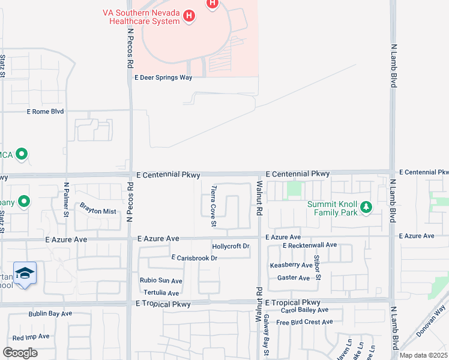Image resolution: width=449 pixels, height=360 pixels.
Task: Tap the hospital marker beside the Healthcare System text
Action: pos(189,16)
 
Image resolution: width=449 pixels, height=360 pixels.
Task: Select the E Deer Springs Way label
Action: pos(163,77)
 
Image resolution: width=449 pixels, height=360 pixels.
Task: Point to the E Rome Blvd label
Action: pos(45,112)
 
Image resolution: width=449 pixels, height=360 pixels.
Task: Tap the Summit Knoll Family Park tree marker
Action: pos(366,208)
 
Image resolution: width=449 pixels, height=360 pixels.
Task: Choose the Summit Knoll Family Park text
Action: pos(332,208)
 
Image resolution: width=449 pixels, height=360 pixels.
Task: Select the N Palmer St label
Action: pos(67,200)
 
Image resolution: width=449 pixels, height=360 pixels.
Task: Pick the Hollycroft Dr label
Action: pos(231,247)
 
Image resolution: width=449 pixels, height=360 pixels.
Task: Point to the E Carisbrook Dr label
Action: pos(194,257)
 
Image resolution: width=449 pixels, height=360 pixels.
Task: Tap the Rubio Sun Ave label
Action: pos(161,280)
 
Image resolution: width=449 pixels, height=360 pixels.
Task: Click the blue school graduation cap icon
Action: pos(25,274)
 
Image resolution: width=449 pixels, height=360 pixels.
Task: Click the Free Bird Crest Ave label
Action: pos(304,322)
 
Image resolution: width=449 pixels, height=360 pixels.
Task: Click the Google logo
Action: pos(20,352)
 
